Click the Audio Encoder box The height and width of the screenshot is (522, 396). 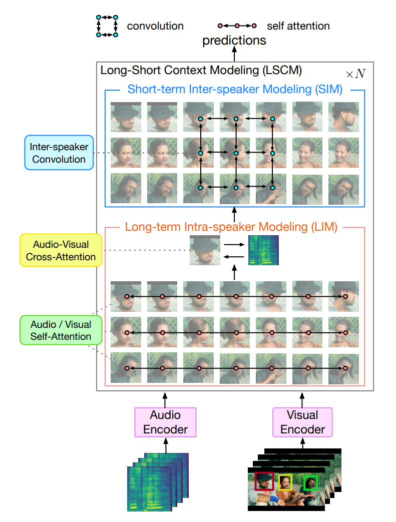(x=165, y=422)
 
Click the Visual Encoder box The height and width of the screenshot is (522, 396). (x=302, y=422)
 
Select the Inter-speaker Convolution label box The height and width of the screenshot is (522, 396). (x=58, y=153)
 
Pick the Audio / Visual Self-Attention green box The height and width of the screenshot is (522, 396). (x=61, y=330)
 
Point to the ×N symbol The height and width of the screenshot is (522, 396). (x=355, y=74)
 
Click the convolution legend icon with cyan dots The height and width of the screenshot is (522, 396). (x=107, y=26)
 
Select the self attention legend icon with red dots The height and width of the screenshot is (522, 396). (x=236, y=26)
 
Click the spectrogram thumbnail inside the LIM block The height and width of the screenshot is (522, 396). (x=263, y=250)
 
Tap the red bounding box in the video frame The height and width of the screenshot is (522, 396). (x=264, y=481)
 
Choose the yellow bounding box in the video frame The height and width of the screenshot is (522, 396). (x=285, y=482)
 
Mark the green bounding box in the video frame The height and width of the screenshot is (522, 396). (x=311, y=483)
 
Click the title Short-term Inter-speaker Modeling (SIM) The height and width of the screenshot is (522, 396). (x=235, y=90)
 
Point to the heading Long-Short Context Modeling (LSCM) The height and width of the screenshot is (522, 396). (x=201, y=70)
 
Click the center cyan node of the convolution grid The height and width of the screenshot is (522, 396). (x=236, y=153)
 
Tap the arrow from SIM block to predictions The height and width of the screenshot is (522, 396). (x=234, y=54)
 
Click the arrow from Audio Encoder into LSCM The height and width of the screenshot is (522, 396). (x=165, y=399)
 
